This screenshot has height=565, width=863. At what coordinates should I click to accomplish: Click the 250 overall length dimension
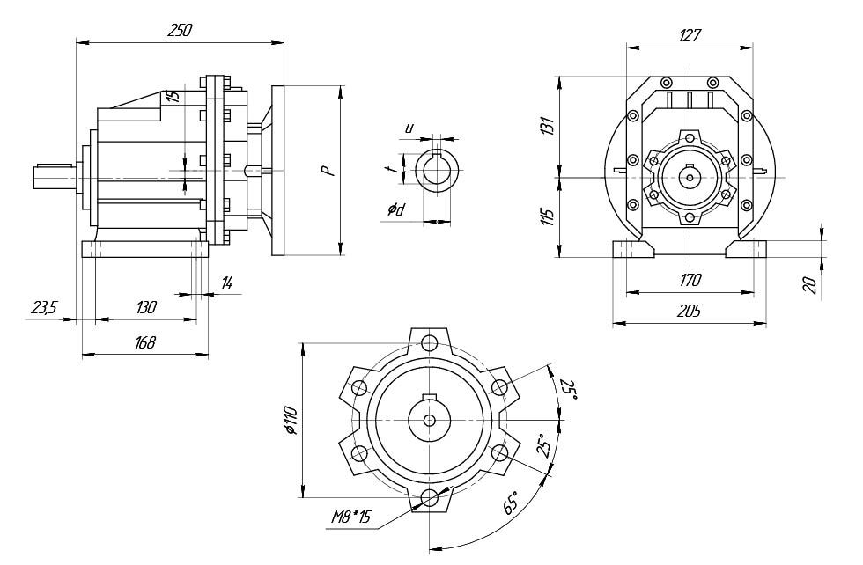[180, 30]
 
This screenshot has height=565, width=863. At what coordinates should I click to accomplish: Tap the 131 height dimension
[548, 125]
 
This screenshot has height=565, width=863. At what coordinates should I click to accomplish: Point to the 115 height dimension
[548, 216]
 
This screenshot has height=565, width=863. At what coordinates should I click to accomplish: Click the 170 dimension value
[690, 281]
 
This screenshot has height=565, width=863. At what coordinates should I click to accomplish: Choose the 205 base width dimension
[690, 312]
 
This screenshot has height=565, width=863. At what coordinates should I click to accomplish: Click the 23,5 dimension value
[44, 307]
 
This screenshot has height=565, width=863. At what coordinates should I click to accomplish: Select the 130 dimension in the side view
[146, 307]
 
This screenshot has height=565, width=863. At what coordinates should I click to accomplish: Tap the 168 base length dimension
[146, 343]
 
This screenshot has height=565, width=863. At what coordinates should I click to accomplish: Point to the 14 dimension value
[227, 283]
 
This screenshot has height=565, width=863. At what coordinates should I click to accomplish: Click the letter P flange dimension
[328, 169]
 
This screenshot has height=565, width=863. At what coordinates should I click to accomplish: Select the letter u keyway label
[409, 128]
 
